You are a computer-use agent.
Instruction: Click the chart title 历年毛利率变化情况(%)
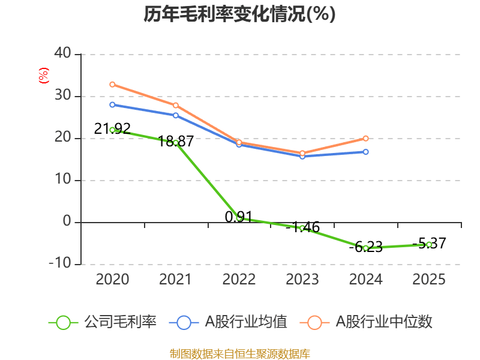(239, 14)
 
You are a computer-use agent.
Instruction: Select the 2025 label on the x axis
(430, 280)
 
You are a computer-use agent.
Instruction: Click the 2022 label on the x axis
(239, 280)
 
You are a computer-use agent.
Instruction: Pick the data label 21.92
(112, 128)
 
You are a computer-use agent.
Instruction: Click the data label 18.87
(176, 142)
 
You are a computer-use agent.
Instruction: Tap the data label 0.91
(239, 217)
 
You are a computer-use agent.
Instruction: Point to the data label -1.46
(302, 227)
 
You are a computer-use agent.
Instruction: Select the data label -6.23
(365, 247)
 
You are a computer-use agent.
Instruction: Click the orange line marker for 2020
(112, 85)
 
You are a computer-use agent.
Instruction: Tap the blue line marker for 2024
(366, 152)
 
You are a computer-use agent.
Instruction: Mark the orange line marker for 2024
(366, 139)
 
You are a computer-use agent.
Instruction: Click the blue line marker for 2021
(176, 115)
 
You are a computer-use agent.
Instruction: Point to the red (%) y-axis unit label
(43, 76)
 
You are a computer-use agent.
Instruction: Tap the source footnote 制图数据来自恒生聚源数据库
(239, 353)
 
